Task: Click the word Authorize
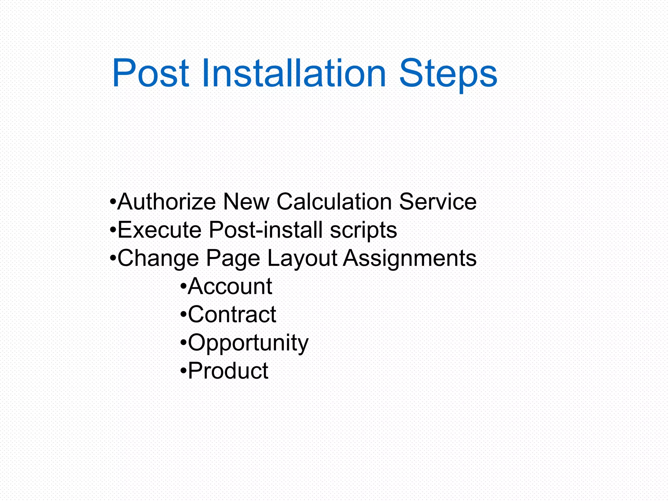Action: [x=167, y=202]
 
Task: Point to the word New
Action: [x=246, y=202]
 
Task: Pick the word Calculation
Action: [x=334, y=202]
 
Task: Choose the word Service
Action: [x=438, y=202]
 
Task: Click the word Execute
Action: [x=159, y=230]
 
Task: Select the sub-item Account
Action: [x=230, y=286]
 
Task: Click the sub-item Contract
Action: [x=232, y=314]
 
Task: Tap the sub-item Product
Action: [x=228, y=371]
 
